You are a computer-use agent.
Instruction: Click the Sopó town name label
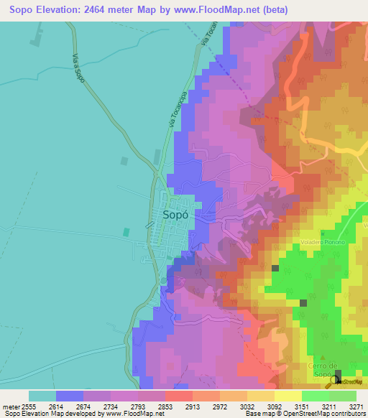(176, 215)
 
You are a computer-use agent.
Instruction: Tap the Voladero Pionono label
(323, 242)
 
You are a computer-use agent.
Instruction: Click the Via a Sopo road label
(78, 67)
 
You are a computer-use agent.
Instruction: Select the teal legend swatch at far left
(42, 396)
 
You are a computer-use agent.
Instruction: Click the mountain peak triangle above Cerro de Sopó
(323, 357)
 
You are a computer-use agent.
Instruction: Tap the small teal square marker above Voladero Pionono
(323, 233)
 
